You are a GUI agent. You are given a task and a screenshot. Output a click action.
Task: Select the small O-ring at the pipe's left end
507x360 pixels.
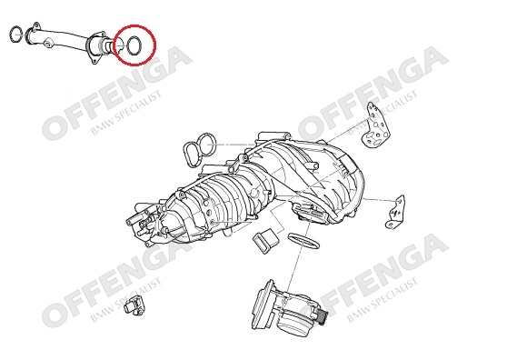pos(10,35)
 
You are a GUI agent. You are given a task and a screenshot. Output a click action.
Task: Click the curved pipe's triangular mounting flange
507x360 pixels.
pos(95,58)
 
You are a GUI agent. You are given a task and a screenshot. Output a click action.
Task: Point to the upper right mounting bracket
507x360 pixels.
pos(376,126)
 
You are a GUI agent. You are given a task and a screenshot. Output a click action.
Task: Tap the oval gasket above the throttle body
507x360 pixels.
pos(303,241)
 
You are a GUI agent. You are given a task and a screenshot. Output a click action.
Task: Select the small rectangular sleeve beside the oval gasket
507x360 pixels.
pos(264,241)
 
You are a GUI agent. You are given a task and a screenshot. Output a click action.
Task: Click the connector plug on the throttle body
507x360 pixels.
pos(322,316)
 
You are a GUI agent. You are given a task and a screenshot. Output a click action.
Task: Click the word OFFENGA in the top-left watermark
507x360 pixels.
pos(117,93)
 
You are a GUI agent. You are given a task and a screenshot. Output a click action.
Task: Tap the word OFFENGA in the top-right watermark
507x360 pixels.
pos(373,93)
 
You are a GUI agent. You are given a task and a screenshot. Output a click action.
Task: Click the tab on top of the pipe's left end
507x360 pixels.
pos(36,25)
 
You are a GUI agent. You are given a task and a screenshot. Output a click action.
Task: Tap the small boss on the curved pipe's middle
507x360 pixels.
pos(48,44)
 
